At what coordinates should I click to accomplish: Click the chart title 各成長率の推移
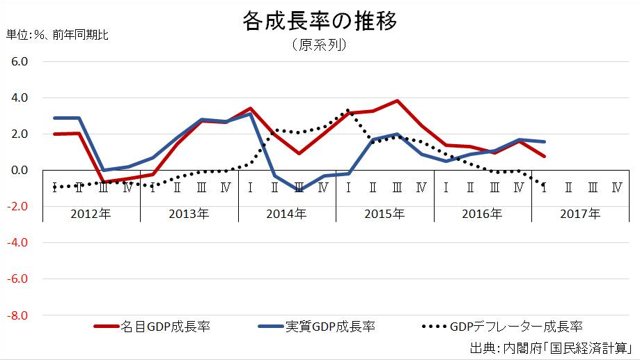(x=320, y=21)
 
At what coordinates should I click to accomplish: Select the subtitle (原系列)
(x=320, y=45)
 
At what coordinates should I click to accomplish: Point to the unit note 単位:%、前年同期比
(x=57, y=33)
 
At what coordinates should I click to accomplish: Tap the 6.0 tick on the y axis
(x=19, y=61)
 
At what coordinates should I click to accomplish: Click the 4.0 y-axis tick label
(x=19, y=97)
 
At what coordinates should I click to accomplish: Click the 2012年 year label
(x=91, y=214)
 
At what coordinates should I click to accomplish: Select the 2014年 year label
(x=286, y=214)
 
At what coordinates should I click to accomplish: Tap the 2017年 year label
(x=580, y=214)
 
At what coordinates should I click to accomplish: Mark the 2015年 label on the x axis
(x=384, y=214)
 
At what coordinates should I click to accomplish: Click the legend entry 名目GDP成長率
(x=165, y=326)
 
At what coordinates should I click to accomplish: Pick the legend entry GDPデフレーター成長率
(x=516, y=326)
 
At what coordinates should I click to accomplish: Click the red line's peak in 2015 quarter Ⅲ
(x=396, y=101)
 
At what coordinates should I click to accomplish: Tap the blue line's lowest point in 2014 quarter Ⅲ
(x=299, y=189)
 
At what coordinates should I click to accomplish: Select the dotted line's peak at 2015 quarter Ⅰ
(x=348, y=110)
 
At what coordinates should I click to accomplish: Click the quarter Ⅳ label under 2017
(x=616, y=187)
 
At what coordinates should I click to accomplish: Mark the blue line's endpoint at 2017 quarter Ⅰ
(x=544, y=141)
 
